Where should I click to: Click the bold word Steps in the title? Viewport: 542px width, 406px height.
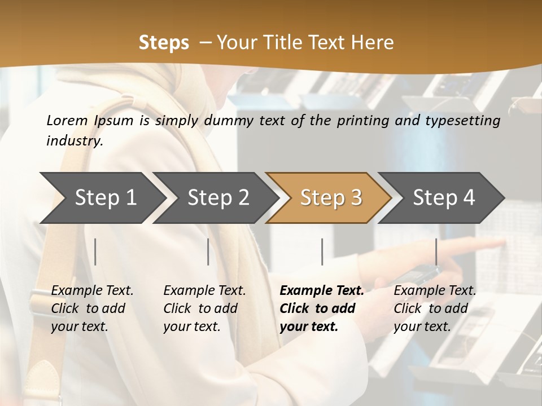point(164,43)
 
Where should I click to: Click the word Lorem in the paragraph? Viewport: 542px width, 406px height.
point(67,120)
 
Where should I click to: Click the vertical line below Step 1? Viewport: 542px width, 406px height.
point(95,251)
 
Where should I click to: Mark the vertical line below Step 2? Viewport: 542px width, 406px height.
point(208,251)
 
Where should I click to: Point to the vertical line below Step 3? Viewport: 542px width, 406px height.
point(322,251)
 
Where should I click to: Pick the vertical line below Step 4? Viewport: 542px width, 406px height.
point(436,251)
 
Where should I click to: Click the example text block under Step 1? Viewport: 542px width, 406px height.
point(92,308)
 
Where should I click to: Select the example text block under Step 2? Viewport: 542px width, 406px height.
point(204,308)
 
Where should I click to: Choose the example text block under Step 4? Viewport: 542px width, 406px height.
point(435,308)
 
